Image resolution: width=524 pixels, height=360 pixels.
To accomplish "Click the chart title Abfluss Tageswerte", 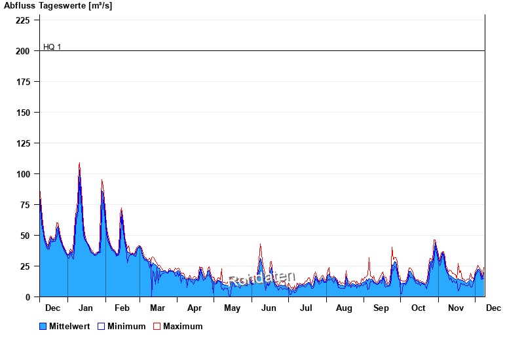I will click(x=58, y=6).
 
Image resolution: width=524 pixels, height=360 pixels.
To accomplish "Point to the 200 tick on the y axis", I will click(x=24, y=51).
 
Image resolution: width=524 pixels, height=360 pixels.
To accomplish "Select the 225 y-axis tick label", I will click(x=24, y=20).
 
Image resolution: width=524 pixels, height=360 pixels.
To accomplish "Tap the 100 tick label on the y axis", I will click(x=24, y=174).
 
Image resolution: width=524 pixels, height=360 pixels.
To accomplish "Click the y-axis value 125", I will click(x=24, y=143).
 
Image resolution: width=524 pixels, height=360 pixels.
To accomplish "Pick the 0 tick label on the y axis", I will click(x=28, y=297).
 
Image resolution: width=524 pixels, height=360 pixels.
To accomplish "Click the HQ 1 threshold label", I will click(x=52, y=47).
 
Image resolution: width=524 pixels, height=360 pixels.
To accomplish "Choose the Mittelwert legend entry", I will click(x=65, y=326).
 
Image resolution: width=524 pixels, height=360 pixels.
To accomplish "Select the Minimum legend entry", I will click(x=122, y=326).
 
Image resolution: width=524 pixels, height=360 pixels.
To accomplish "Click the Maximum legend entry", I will click(x=178, y=326).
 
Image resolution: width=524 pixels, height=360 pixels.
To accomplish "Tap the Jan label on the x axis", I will click(x=85, y=308).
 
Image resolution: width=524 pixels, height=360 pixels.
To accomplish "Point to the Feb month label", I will click(x=122, y=308).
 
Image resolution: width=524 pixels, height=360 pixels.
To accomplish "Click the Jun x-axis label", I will click(x=269, y=308).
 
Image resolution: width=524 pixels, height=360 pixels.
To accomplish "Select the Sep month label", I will click(x=381, y=308).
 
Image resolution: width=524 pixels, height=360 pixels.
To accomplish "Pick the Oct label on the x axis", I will click(x=418, y=308).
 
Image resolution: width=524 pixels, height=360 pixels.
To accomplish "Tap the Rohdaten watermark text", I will click(x=262, y=279).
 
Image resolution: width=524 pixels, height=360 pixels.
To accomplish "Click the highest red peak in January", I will click(x=79, y=164).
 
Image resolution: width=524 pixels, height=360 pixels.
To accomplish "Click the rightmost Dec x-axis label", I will click(x=493, y=308).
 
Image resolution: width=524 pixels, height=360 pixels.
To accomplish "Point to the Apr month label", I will click(x=195, y=308).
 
